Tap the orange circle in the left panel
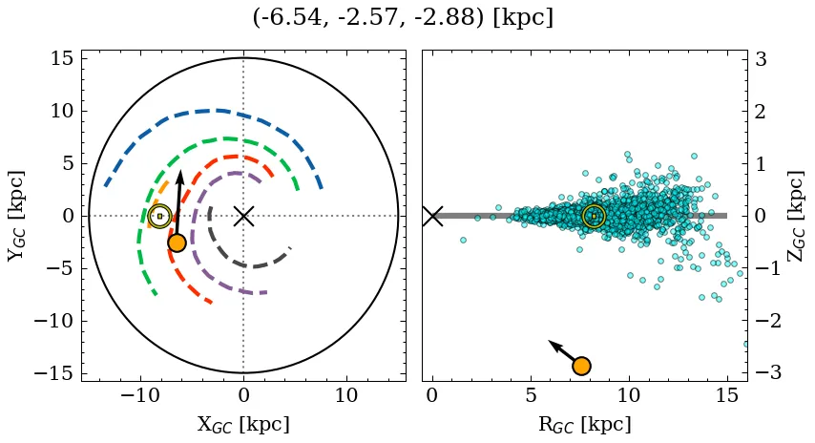pos(177,243)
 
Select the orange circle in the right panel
pos(581,366)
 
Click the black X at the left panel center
pos(243,216)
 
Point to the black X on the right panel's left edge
pos(432,216)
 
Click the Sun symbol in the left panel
pos(160,217)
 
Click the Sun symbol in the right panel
pos(594,217)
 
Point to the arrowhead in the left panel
pos(180,173)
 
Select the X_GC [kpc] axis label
pos(242,424)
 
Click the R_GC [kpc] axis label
pos(584,424)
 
